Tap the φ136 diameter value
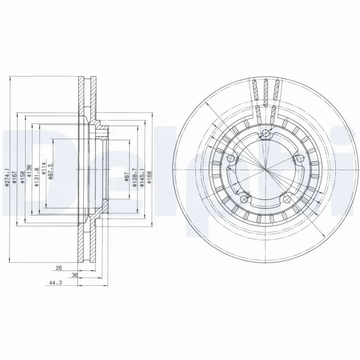pyautogui.click(x=30, y=171)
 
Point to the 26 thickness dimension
pyautogui.click(x=58, y=268)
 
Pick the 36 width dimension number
pyautogui.click(x=75, y=274)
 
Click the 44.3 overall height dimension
pyautogui.click(x=54, y=283)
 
